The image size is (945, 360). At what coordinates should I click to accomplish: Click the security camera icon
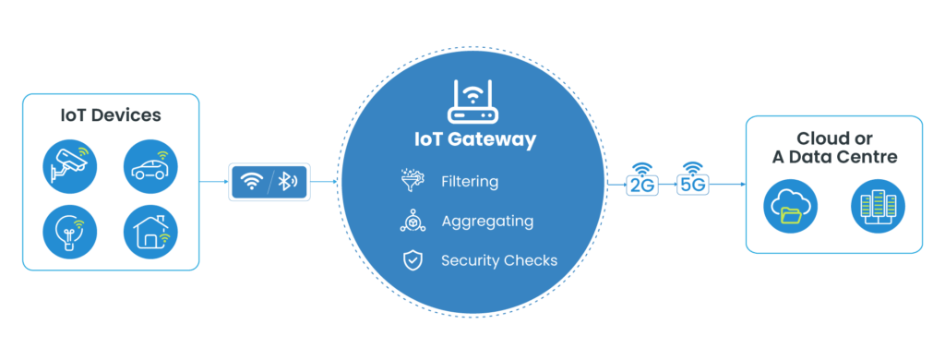click(70, 167)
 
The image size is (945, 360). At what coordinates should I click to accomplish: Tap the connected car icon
click(151, 167)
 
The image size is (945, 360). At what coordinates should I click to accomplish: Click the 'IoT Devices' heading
click(111, 116)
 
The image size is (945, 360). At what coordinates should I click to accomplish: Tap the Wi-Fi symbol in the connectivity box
click(251, 182)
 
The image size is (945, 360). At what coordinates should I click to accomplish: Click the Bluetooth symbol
click(288, 182)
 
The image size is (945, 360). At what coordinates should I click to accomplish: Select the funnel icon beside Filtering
click(412, 181)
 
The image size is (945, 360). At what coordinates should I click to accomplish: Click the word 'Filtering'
click(470, 182)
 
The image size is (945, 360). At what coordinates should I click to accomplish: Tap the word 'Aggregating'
click(487, 222)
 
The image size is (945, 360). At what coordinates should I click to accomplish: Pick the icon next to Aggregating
click(412, 222)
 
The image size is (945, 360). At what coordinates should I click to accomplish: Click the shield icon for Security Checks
click(412, 260)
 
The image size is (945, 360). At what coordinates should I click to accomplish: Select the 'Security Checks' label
click(499, 260)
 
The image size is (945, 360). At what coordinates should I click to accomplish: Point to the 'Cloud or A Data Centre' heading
click(833, 149)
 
